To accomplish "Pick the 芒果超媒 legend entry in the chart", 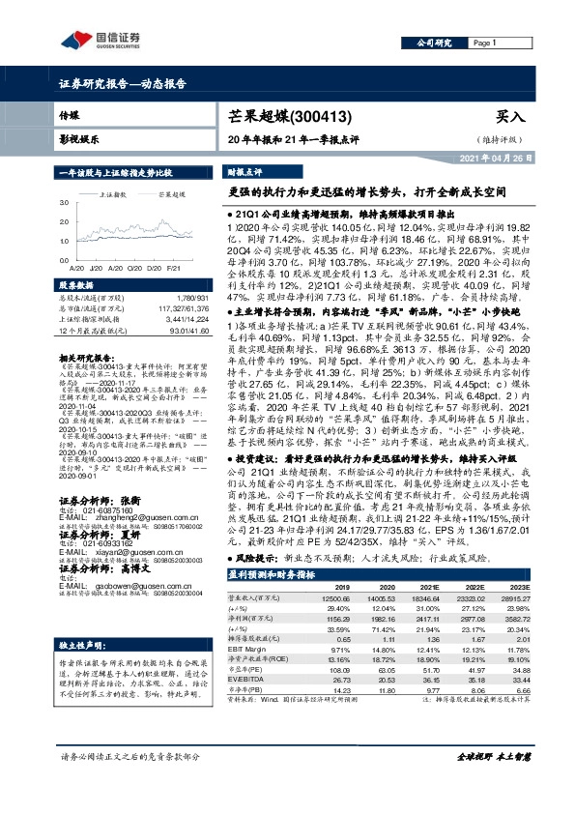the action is point(170,193).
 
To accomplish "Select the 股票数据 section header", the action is point(76,286).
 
